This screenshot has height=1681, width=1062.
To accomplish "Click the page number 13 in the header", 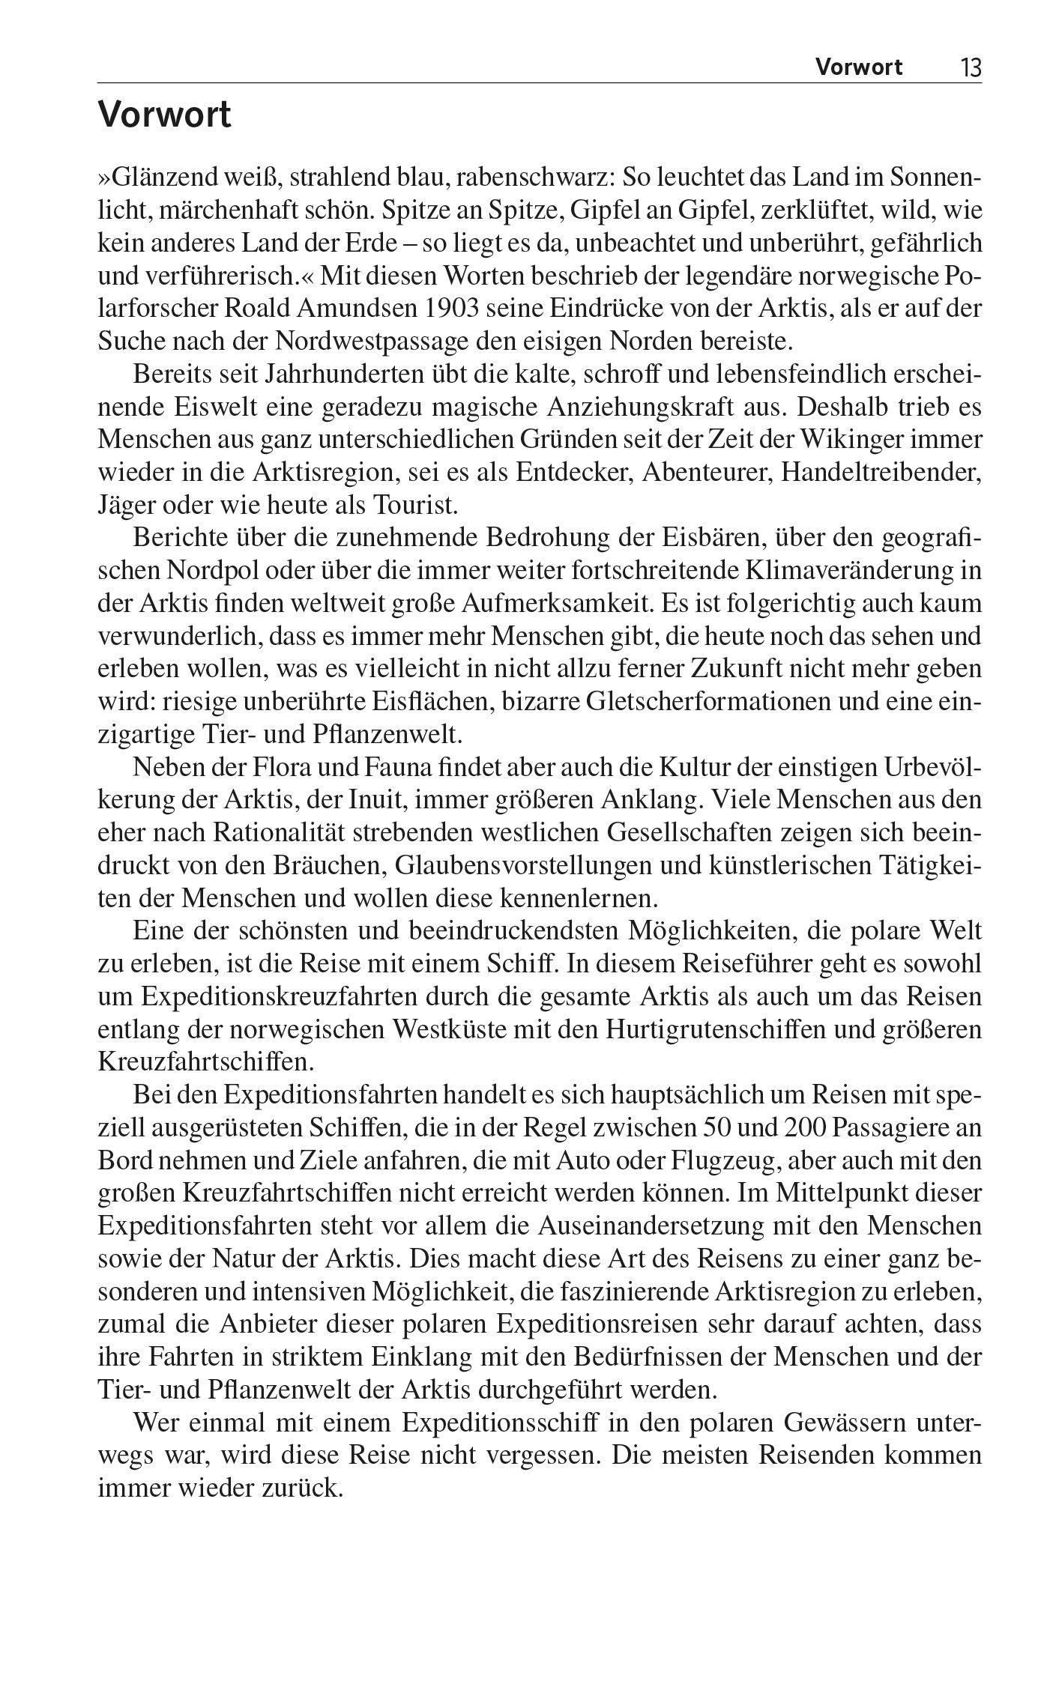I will coord(970,69).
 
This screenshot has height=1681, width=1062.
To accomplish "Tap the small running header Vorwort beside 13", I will coord(859,68).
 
